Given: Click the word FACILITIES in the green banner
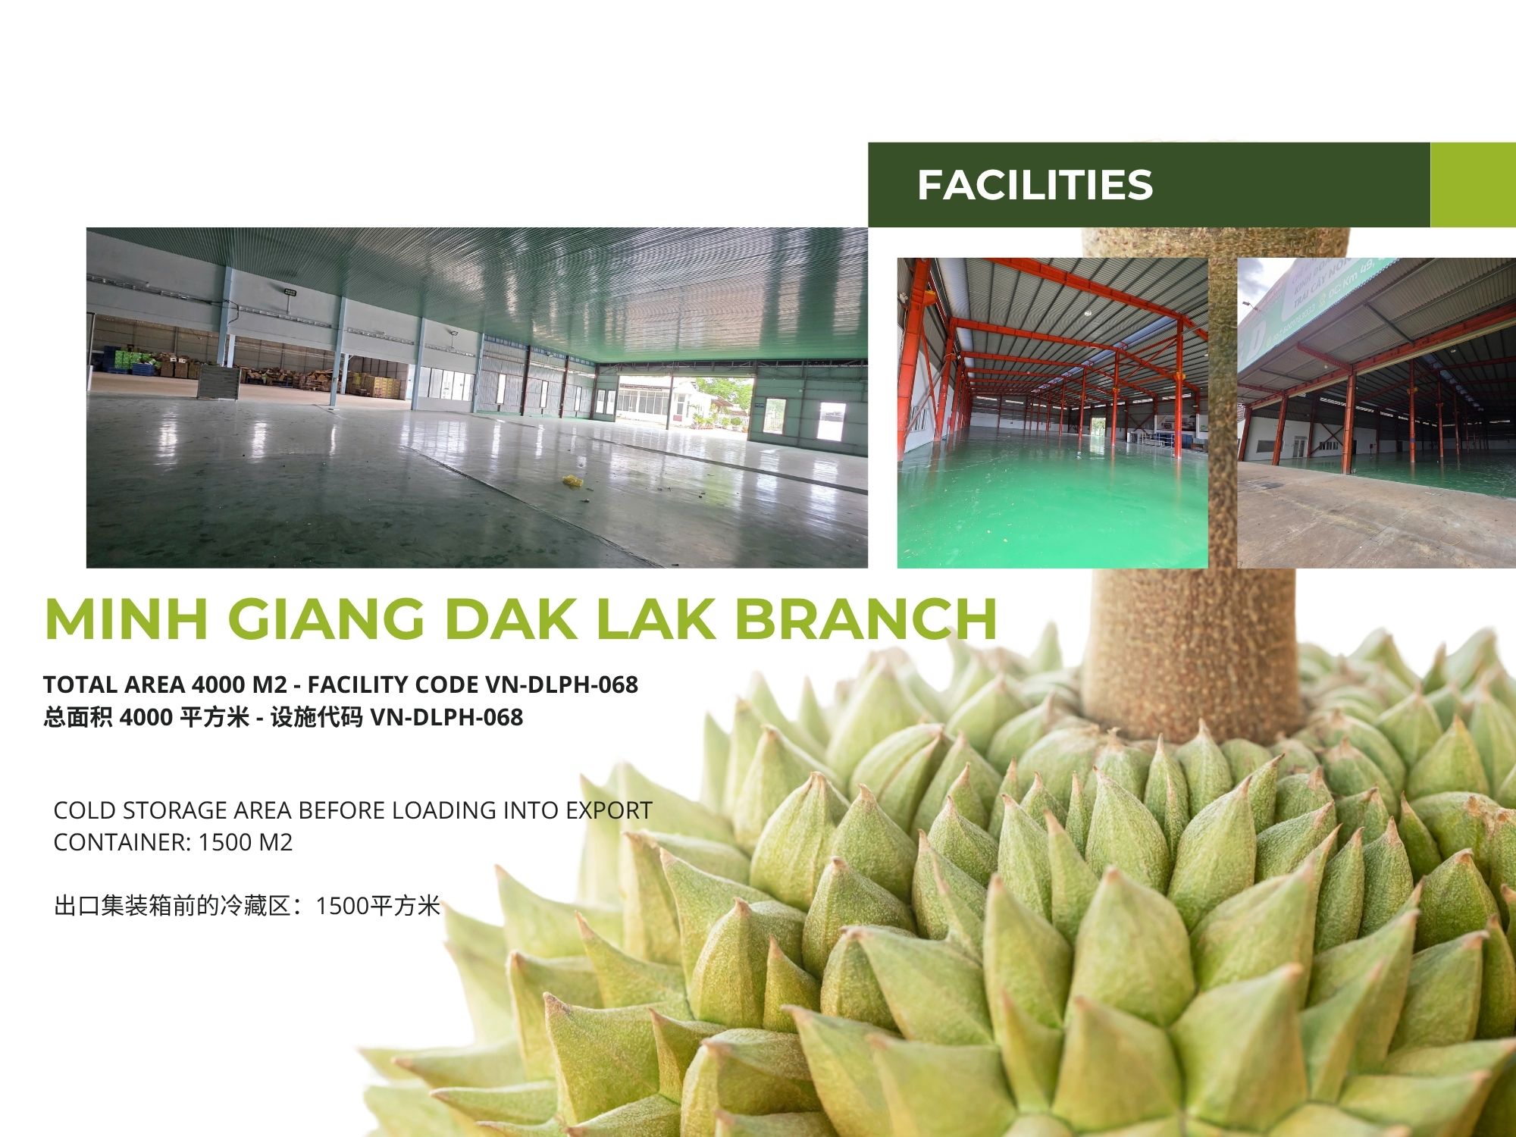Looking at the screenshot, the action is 1035,185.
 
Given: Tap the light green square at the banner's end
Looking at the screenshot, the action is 1473,185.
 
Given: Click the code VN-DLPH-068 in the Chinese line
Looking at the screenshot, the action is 446,717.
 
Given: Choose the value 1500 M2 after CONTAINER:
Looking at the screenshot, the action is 245,842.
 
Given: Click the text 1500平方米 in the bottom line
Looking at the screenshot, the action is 377,906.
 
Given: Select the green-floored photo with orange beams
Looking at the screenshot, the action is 1053,413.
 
